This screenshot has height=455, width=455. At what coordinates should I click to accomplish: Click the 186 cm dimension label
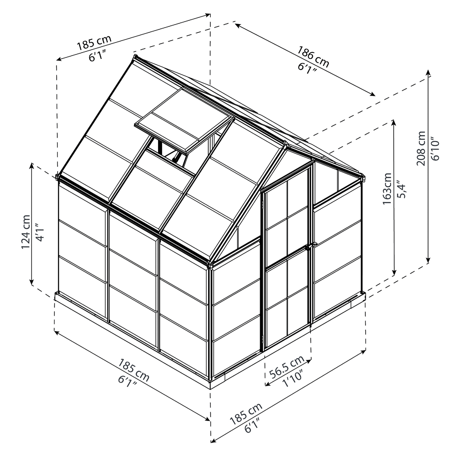313,57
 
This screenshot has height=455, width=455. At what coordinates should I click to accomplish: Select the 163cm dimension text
387,188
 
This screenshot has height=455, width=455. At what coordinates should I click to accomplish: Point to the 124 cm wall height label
26,232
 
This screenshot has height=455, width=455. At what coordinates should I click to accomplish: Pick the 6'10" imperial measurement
435,149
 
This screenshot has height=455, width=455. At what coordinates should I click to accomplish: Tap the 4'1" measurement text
40,232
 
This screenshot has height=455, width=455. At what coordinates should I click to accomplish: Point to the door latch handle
308,247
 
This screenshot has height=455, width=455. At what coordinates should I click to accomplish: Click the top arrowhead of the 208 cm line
428,72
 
